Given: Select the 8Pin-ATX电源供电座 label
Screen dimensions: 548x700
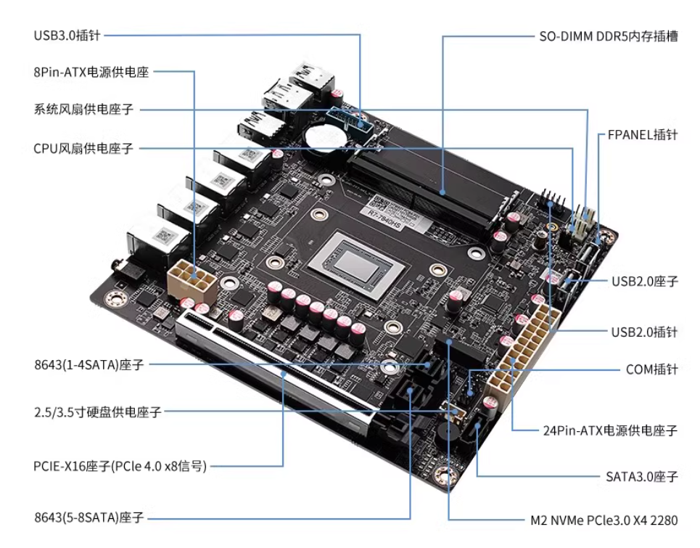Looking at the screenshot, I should pos(91,73).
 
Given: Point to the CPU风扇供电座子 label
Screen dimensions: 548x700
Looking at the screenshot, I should pos(83,148).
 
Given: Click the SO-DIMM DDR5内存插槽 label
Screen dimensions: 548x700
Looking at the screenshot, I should pos(609,36).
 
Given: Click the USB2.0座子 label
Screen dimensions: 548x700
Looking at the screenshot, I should pos(644,281).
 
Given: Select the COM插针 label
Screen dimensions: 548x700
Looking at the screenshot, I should pos(651,369).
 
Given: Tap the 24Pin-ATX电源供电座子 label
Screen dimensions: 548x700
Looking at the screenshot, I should pos(610,430).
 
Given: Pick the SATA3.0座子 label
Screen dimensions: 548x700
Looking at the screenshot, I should pos(641,477).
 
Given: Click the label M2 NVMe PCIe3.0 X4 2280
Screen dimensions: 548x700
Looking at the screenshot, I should pos(604,520).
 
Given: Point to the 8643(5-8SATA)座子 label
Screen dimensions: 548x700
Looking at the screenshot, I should pos(88,518).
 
